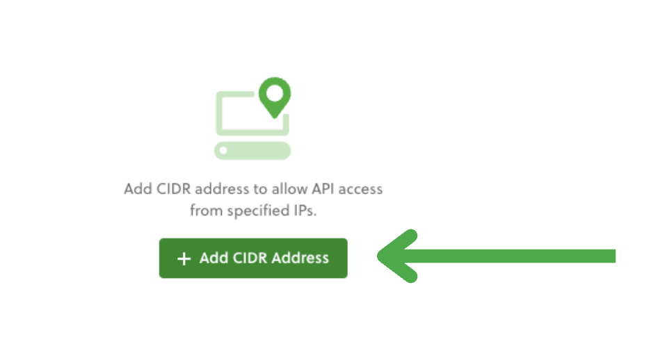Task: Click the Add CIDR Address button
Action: (253, 258)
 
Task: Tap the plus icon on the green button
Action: (184, 259)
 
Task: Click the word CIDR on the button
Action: (250, 258)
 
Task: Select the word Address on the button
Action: (300, 258)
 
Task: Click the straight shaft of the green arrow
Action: (511, 256)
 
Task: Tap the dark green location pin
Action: (275, 97)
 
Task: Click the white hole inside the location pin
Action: (275, 93)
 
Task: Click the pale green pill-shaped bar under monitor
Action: (252, 151)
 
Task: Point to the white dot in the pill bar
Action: (223, 151)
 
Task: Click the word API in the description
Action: (323, 189)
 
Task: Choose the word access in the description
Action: (360, 190)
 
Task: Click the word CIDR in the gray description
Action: (174, 189)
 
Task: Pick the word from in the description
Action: (207, 211)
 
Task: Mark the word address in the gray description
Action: (222, 189)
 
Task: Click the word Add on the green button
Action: (214, 258)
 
